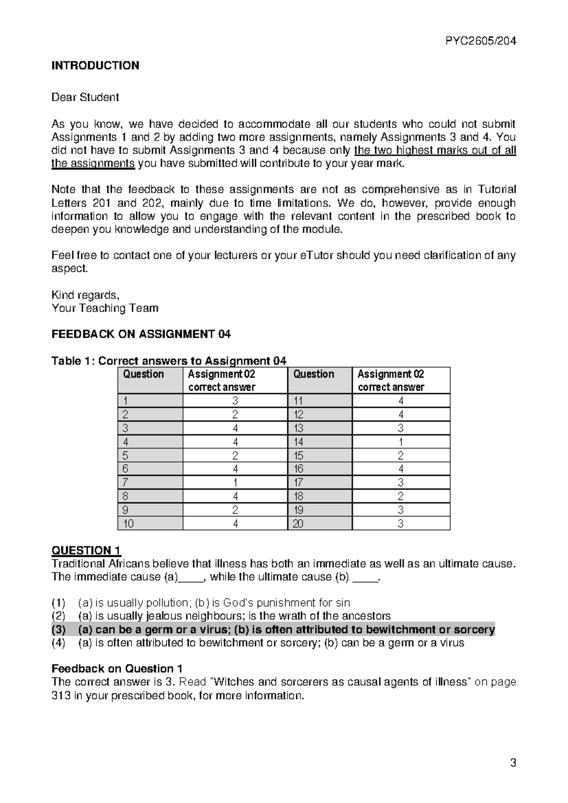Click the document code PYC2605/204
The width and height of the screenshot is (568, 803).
click(480, 41)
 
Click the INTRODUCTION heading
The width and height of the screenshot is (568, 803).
click(95, 65)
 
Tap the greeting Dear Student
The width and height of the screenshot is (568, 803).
click(85, 98)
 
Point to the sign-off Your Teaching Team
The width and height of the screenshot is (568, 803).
click(105, 308)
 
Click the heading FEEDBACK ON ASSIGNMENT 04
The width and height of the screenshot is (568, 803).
click(141, 334)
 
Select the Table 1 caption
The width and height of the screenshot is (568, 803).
click(169, 361)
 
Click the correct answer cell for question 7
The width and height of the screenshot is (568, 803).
click(235, 482)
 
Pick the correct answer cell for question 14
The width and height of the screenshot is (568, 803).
click(400, 442)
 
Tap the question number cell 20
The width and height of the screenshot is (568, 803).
click(298, 524)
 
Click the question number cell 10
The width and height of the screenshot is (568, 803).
click(128, 524)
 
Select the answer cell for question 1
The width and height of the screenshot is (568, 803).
click(235, 401)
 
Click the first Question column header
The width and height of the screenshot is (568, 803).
click(143, 375)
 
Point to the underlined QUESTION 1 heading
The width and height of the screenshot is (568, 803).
click(86, 550)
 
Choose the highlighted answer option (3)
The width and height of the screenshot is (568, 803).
click(273, 630)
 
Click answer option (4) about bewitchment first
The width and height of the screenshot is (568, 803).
click(257, 643)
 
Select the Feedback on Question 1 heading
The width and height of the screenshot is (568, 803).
click(117, 669)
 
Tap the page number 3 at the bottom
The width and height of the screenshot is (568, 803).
click(513, 763)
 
